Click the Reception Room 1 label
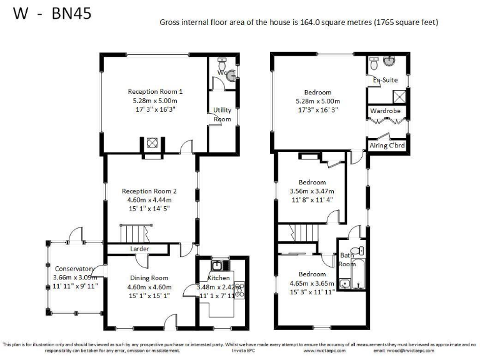pyautogui.click(x=155, y=91)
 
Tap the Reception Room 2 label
pyautogui.click(x=149, y=191)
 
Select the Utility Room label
pyautogui.click(x=222, y=114)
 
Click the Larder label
pyautogui.click(x=139, y=249)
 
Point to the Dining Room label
pyautogui.click(x=149, y=278)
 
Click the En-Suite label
pyautogui.click(x=386, y=81)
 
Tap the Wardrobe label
pyautogui.click(x=386, y=111)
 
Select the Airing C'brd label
pyautogui.click(x=387, y=146)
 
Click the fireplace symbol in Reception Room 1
pyautogui.click(x=152, y=143)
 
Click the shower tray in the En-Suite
pyautogui.click(x=397, y=96)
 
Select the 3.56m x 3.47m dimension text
pyautogui.click(x=312, y=191)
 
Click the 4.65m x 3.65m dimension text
pyautogui.click(x=312, y=282)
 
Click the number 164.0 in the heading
pyautogui.click(x=290, y=22)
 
